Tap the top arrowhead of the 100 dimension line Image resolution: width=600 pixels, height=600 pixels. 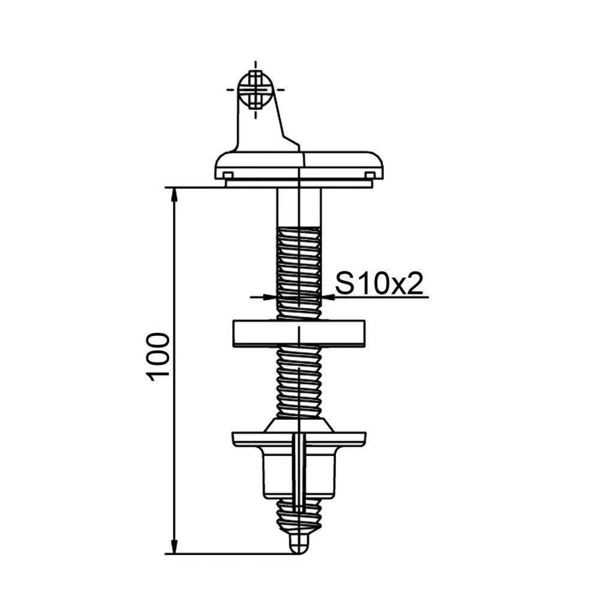pyautogui.click(x=174, y=194)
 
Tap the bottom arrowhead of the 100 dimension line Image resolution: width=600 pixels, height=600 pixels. pyautogui.click(x=174, y=547)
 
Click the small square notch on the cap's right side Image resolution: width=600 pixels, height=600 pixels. pyautogui.click(x=370, y=175)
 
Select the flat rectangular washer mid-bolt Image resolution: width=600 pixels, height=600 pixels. pyautogui.click(x=298, y=334)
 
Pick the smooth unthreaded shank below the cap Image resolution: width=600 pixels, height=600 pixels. pyautogui.click(x=299, y=207)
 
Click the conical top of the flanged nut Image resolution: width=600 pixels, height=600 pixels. pyautogui.click(x=299, y=425)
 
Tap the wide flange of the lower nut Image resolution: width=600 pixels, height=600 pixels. pyautogui.click(x=299, y=439)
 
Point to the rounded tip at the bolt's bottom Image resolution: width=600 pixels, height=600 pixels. pyautogui.click(x=298, y=545)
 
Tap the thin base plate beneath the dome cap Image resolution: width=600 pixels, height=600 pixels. pyautogui.click(x=299, y=184)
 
